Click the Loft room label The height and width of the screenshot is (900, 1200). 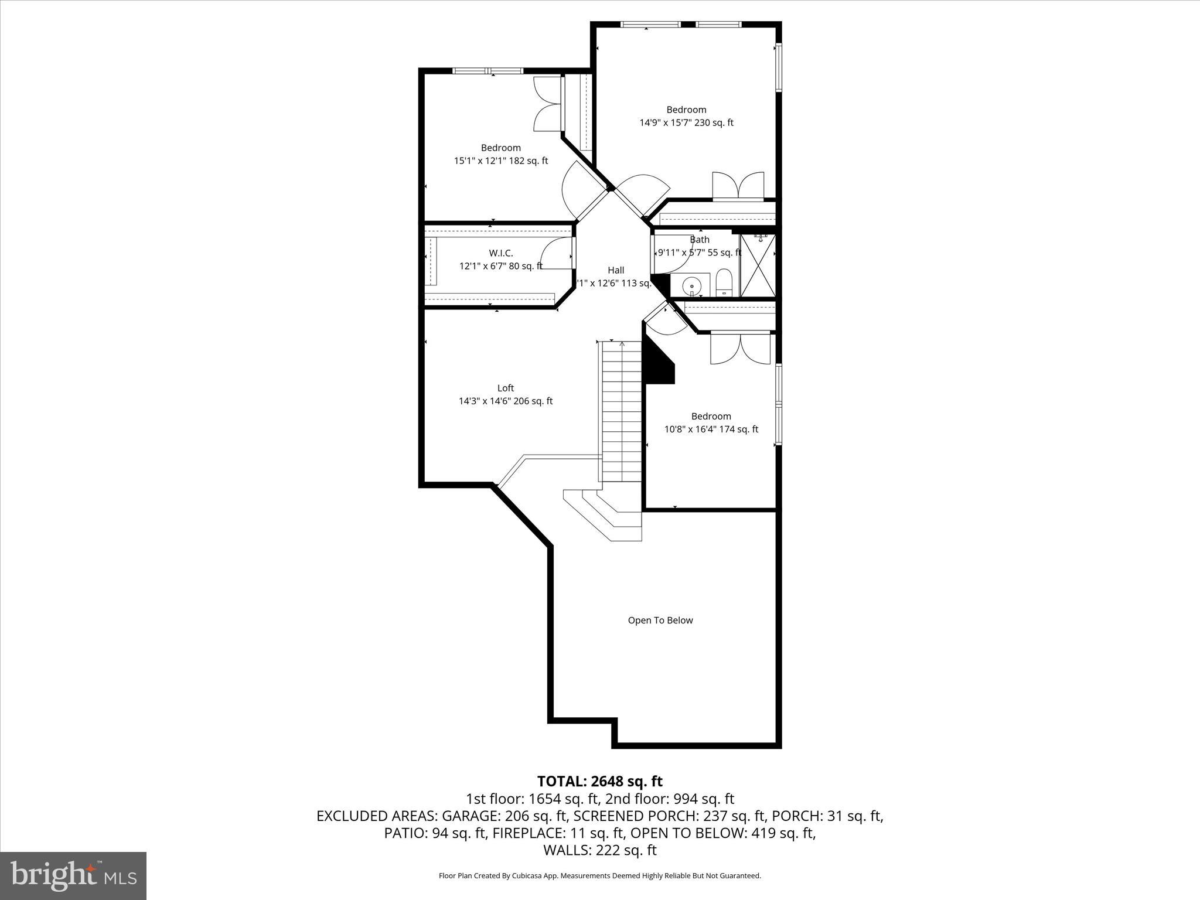point(505,388)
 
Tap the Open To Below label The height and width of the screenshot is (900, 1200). point(660,620)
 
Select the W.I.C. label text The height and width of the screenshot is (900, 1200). point(500,253)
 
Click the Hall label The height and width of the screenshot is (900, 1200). point(615,270)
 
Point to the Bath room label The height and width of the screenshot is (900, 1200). point(699,240)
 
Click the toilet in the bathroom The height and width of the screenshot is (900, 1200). point(724,283)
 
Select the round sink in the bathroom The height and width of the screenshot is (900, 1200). point(692,285)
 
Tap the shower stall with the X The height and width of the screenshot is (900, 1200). point(758,265)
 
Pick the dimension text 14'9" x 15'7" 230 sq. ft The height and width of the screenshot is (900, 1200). point(686,123)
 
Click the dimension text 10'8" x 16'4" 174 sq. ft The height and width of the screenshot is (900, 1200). point(711,429)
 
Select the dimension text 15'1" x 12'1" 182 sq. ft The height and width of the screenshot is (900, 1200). point(500,161)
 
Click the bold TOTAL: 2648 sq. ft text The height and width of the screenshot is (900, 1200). point(599,781)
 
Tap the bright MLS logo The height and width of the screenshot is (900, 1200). point(73,875)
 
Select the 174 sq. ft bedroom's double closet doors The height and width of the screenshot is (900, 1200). point(741,349)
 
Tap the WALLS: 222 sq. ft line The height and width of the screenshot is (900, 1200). point(599,850)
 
